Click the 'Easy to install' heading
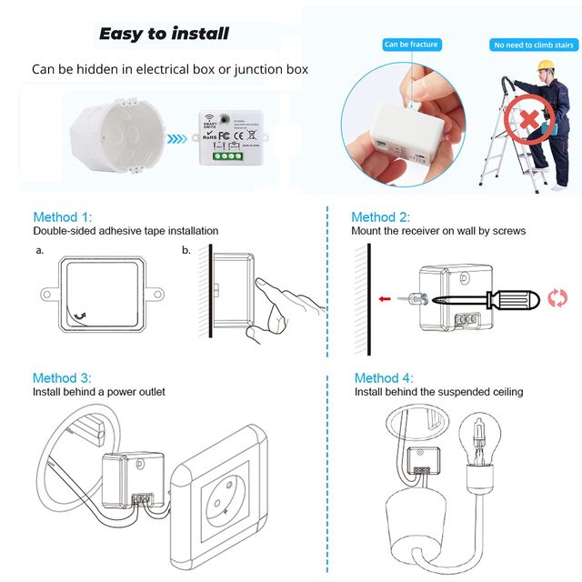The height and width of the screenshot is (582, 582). coord(164,35)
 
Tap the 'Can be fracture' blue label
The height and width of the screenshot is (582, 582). coord(411,44)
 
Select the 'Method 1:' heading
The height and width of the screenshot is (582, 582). coord(62,217)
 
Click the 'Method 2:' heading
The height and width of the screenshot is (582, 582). coord(381,217)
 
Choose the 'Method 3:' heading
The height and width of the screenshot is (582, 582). coord(62,377)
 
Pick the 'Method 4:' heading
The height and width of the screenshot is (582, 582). coord(384,377)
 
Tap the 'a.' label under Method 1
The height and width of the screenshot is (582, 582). coord(40,249)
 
